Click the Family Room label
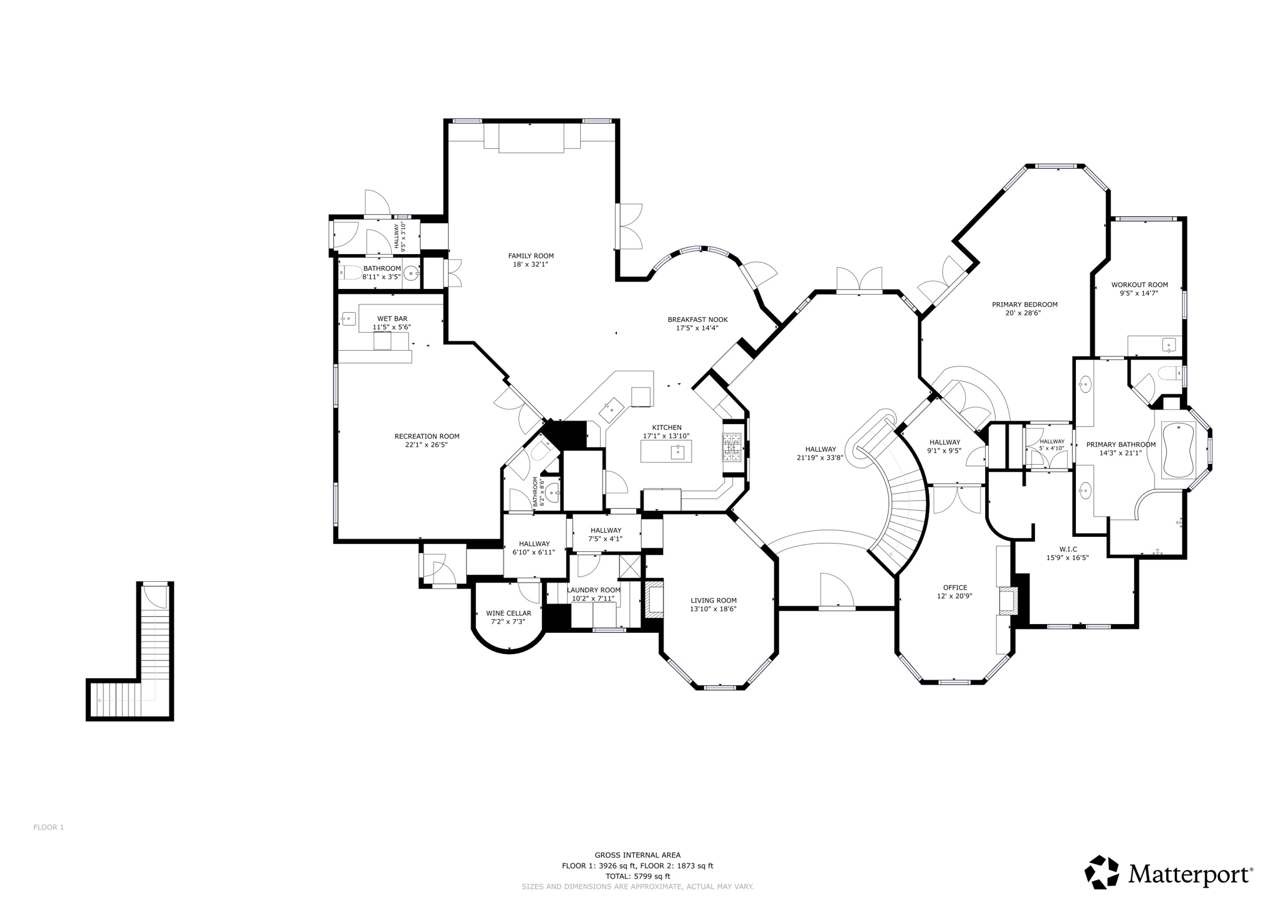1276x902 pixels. [531, 255]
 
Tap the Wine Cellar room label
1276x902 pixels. [508, 613]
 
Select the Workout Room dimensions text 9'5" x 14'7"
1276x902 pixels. [1139, 293]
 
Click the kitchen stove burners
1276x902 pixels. [731, 446]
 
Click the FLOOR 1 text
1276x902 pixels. [49, 827]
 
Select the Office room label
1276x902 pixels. [955, 587]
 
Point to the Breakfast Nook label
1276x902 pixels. [697, 320]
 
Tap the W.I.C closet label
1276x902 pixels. [1067, 549]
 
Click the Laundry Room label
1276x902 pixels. [593, 590]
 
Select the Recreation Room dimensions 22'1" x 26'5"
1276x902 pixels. [426, 445]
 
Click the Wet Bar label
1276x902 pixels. [392, 318]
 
